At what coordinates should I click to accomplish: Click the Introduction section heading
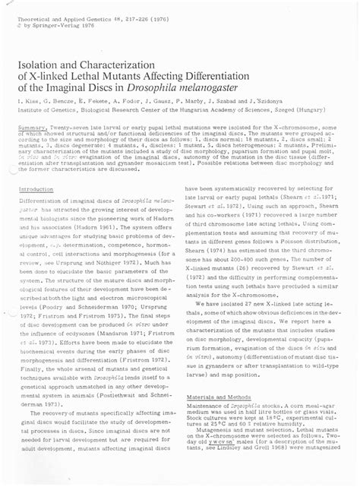tap(36, 188)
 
